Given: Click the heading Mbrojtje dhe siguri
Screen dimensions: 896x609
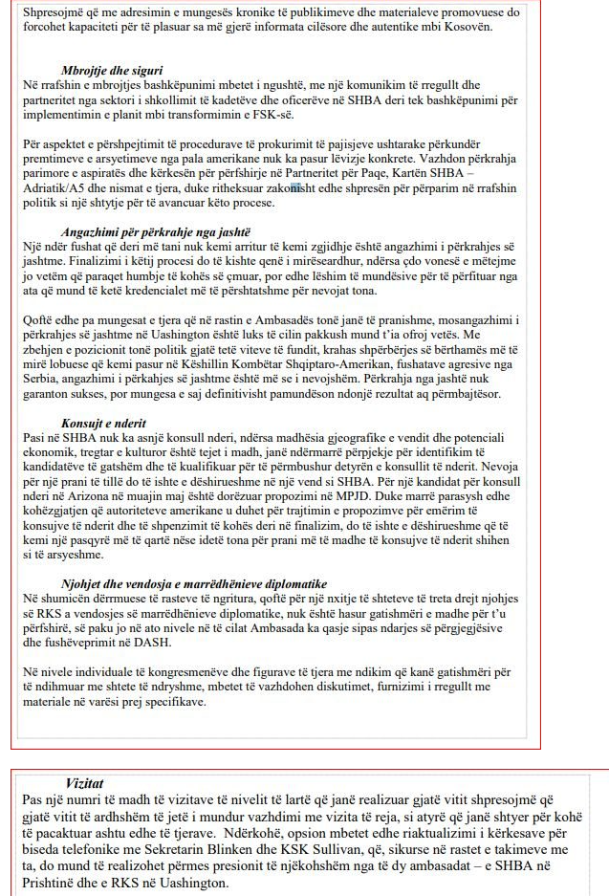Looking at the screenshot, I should coord(111,71).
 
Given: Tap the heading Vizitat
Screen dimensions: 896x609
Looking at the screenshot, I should coord(88,781).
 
